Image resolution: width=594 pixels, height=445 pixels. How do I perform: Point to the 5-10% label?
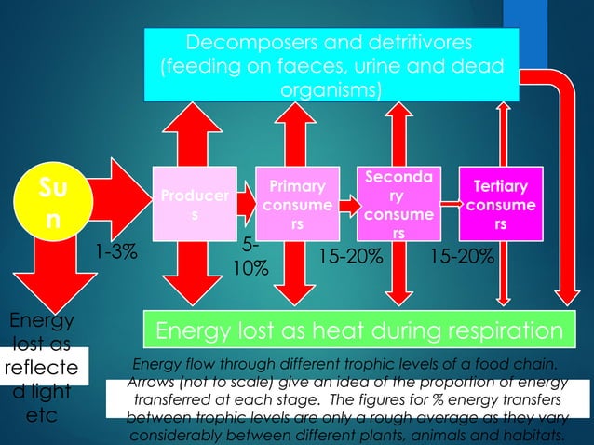(x=250, y=257)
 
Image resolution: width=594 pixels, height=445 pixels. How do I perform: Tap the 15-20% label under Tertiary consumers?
(x=462, y=256)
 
